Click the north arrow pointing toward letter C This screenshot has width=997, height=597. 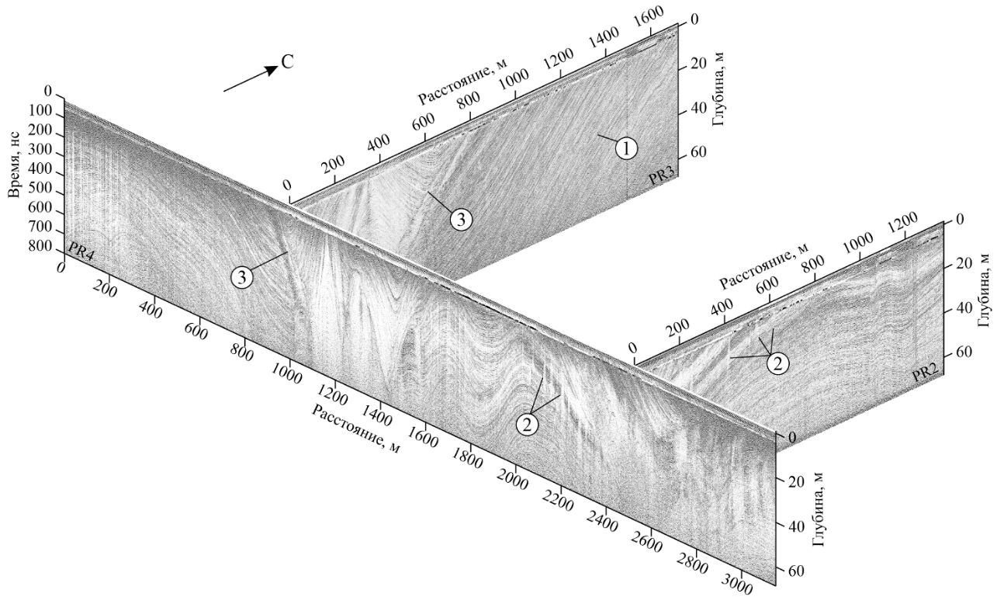click(x=251, y=79)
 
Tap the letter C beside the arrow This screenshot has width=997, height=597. click(x=288, y=63)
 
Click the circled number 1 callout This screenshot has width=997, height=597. click(x=627, y=149)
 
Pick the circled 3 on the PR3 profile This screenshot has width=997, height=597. click(x=461, y=220)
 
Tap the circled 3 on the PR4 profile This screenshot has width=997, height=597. click(x=241, y=278)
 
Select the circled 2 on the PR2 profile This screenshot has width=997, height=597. click(x=778, y=364)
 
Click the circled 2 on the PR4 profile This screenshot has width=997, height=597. click(x=527, y=425)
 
